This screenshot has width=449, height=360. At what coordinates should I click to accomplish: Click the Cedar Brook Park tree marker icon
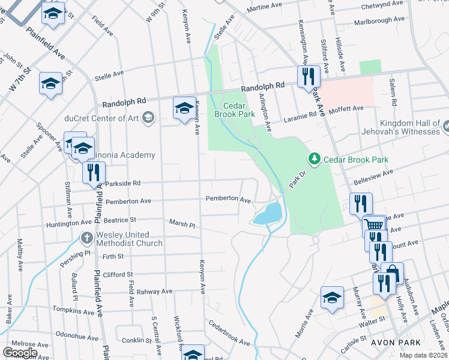[x=313, y=159]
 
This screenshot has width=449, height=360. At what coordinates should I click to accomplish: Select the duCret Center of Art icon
[x=148, y=117]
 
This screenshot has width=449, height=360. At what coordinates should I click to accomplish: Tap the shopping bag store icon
[x=392, y=273]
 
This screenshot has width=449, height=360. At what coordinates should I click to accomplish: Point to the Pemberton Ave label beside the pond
[x=228, y=199]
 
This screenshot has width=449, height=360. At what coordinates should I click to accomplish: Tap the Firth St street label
[x=112, y=256]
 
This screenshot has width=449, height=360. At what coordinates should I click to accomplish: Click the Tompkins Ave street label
[x=74, y=312]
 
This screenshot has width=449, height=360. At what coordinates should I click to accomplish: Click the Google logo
[x=20, y=353]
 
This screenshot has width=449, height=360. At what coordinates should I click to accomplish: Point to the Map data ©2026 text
[x=423, y=355]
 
